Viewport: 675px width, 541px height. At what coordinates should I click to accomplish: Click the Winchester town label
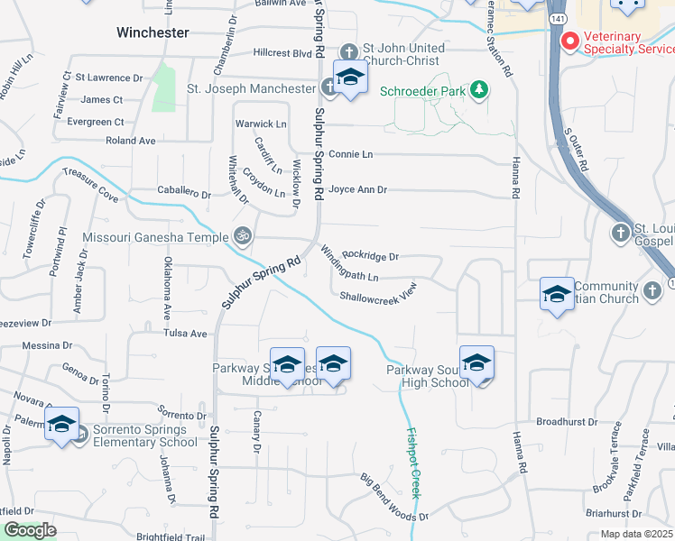[153, 32]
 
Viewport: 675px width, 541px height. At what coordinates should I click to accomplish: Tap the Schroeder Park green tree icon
[480, 89]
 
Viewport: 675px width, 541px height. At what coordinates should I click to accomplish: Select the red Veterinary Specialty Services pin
[570, 41]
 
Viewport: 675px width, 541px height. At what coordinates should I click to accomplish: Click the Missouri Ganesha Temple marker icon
[242, 237]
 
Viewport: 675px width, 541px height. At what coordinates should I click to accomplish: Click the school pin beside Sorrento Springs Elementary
[62, 426]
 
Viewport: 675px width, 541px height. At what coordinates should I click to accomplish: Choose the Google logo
[30, 530]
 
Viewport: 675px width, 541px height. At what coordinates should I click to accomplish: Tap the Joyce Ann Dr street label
[357, 190]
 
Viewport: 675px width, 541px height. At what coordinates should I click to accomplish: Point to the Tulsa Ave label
[185, 334]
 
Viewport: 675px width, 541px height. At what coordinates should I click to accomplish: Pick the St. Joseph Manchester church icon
[327, 88]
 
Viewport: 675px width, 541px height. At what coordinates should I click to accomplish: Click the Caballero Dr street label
[184, 194]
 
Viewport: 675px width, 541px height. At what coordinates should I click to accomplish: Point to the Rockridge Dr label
[370, 256]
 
